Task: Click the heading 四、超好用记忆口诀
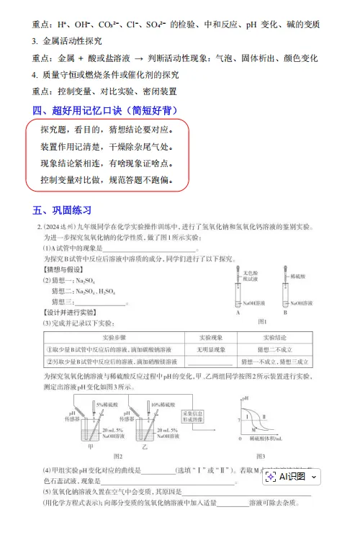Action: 104,110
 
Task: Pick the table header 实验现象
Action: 212,336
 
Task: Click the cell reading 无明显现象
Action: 212,349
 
